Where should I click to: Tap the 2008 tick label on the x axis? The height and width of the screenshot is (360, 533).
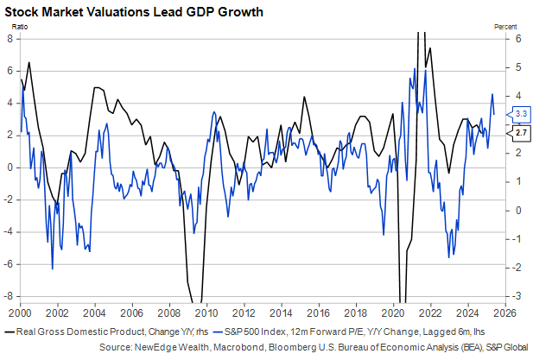(170, 312)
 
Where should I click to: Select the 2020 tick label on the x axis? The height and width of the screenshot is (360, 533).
(393, 312)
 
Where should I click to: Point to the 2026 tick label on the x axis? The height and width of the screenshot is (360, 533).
(504, 312)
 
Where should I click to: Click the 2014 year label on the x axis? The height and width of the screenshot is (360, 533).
(282, 312)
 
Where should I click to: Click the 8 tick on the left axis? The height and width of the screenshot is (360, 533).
(11, 38)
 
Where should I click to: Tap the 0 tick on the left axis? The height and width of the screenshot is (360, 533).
(11, 167)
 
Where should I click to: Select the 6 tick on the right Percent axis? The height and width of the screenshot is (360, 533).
(517, 38)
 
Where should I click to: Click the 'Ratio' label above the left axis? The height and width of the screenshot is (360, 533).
(23, 28)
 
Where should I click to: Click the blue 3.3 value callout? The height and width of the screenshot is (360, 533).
(522, 114)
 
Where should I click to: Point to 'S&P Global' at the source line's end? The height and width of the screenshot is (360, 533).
(506, 346)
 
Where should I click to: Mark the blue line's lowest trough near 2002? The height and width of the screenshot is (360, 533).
(52, 268)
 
